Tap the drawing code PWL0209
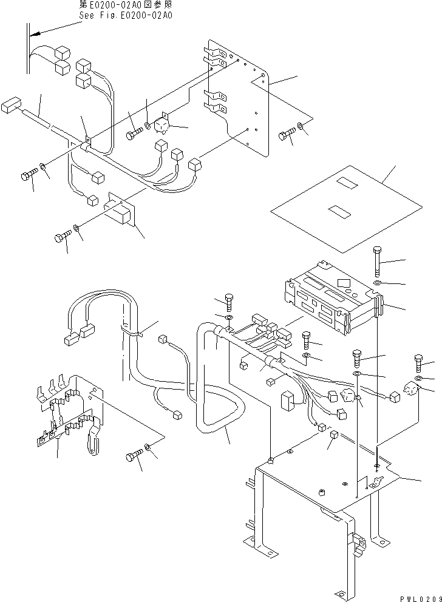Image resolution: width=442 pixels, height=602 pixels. click(x=418, y=597)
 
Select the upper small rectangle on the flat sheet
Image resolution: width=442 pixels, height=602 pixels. click(x=348, y=183)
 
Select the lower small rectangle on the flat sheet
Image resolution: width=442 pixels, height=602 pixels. click(x=337, y=211)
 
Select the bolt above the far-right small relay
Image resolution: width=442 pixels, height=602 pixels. click(x=419, y=363)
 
